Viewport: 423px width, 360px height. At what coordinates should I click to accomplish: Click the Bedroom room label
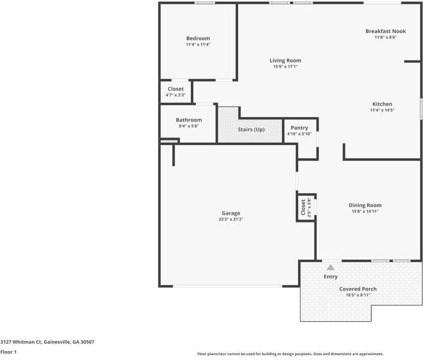197,38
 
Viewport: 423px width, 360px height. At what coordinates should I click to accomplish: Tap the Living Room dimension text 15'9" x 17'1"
285,67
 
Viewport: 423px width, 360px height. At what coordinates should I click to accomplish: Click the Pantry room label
299,128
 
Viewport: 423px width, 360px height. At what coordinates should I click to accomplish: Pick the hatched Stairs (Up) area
250,130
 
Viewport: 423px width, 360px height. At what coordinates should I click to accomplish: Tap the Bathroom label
188,120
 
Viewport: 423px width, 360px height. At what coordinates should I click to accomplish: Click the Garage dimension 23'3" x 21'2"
231,220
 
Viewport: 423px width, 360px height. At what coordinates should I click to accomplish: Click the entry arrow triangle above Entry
330,267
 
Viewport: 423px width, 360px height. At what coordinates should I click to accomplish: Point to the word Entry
331,277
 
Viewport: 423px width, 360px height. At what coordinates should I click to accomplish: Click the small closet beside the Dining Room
305,207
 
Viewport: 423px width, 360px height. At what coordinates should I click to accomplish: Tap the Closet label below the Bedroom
176,89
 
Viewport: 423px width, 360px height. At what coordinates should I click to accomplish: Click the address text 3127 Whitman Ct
47,342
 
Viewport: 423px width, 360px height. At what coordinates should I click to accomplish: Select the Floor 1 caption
8,352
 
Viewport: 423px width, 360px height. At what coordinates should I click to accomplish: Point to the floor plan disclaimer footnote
290,354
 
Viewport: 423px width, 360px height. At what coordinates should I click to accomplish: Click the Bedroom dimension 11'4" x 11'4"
197,44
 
